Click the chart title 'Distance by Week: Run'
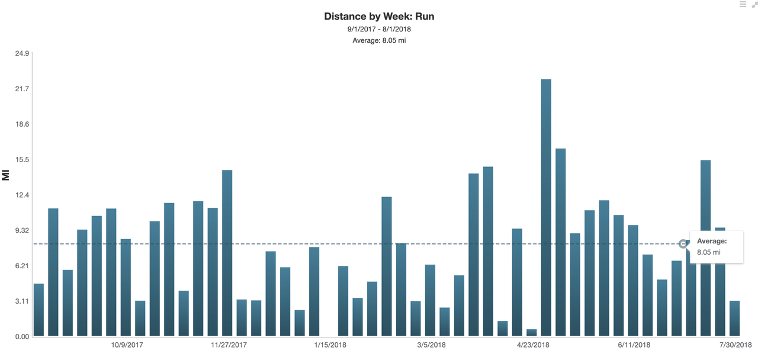click(379, 17)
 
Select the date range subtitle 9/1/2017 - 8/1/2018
click(379, 29)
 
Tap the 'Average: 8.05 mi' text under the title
click(379, 40)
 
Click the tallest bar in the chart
click(546, 207)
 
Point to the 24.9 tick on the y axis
click(22, 54)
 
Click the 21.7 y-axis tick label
click(22, 89)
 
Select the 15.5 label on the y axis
click(22, 160)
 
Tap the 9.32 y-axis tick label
click(22, 230)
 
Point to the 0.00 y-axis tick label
click(22, 336)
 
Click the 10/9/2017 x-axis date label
click(127, 345)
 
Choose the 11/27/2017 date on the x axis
click(228, 345)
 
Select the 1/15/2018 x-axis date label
click(330, 345)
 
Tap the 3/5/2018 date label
click(431, 345)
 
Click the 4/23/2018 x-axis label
click(533, 345)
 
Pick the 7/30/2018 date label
click(735, 345)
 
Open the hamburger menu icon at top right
click(743, 5)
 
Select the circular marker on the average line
click(683, 244)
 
